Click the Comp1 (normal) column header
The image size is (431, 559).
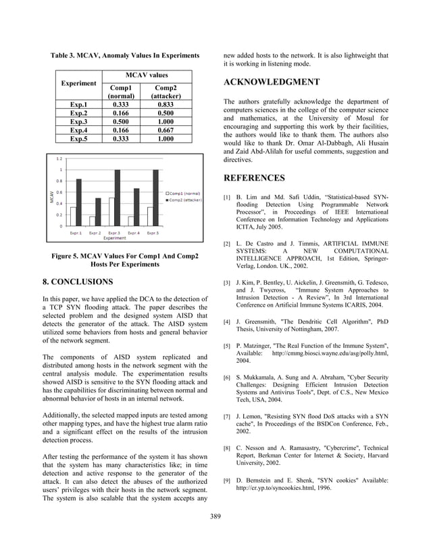[120, 91]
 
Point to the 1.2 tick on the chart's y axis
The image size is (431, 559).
[60, 158]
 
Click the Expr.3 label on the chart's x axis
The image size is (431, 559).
[114, 233]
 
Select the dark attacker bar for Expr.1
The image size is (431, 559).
[79, 202]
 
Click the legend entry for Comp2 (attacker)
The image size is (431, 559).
[183, 200]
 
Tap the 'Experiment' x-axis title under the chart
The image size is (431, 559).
[113, 238]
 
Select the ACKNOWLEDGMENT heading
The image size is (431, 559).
[272, 83]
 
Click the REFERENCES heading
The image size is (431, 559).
[254, 178]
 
